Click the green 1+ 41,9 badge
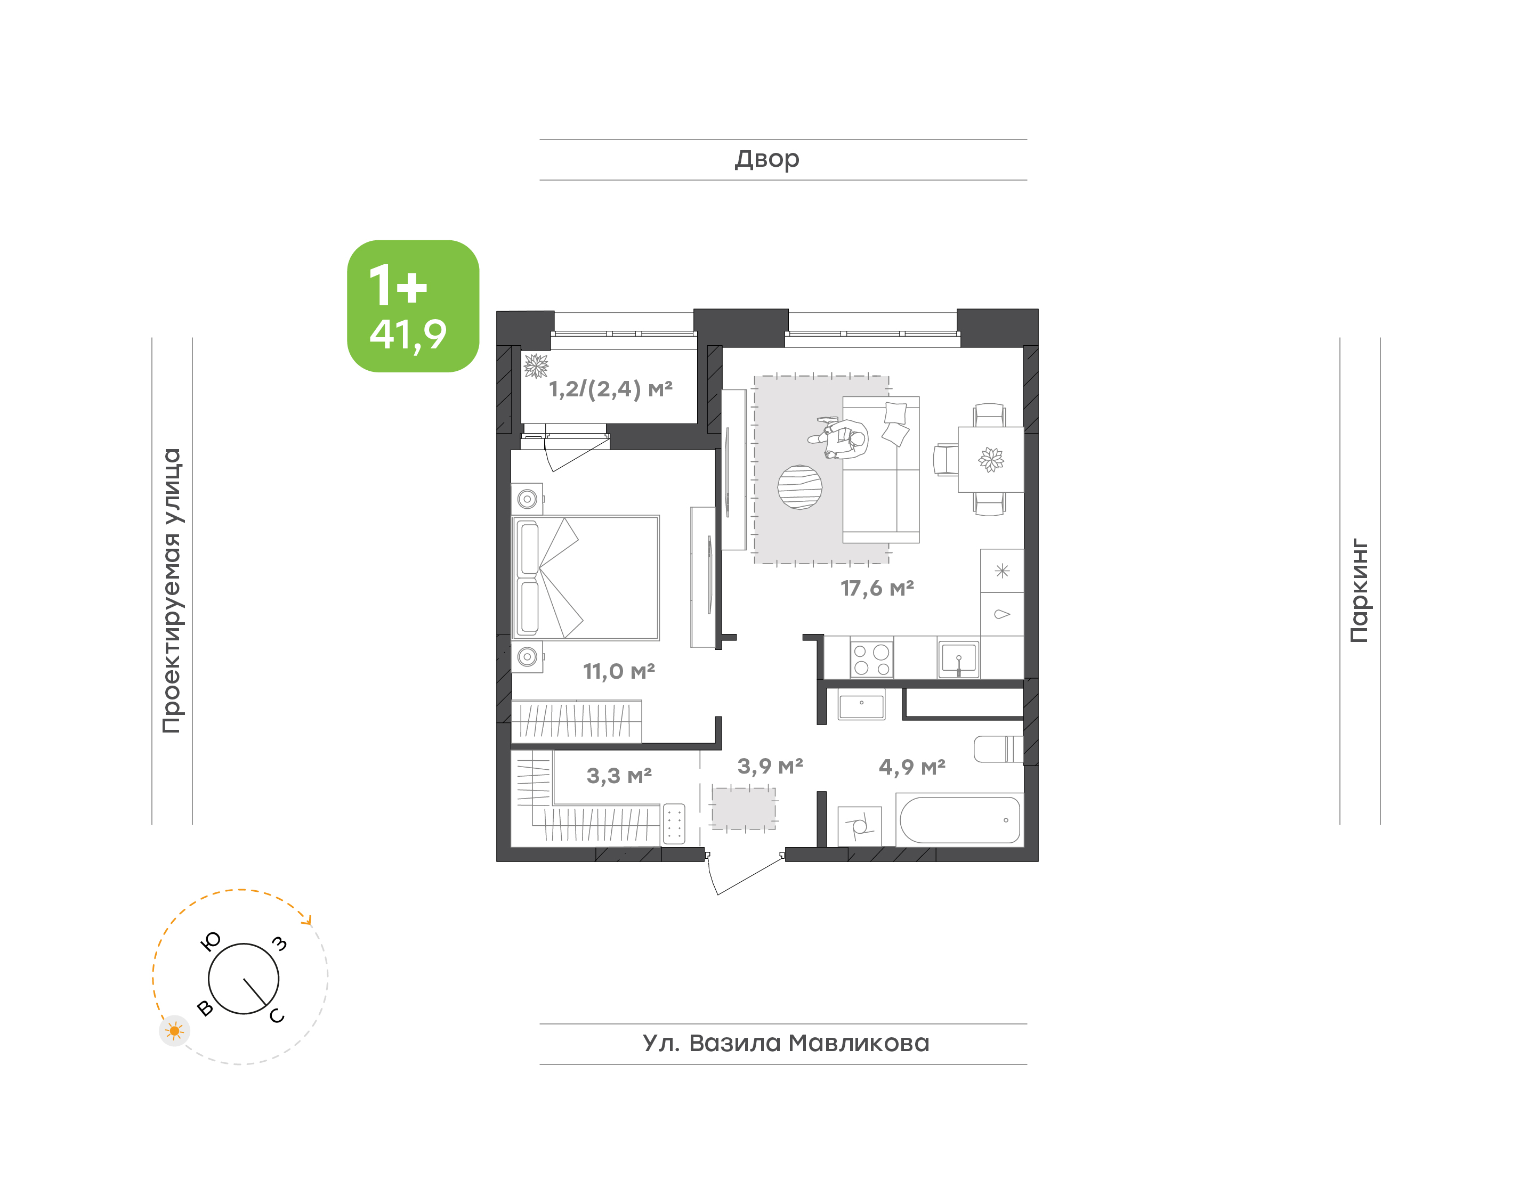click(x=413, y=306)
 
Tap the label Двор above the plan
click(x=767, y=159)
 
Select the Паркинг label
click(x=1359, y=591)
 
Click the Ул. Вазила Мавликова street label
click(x=786, y=1043)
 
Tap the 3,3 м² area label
click(x=619, y=776)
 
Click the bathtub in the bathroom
click(x=959, y=820)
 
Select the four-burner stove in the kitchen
click(x=871, y=658)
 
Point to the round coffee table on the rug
click(x=799, y=487)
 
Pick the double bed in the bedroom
click(x=585, y=577)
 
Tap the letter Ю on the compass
click(x=211, y=941)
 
